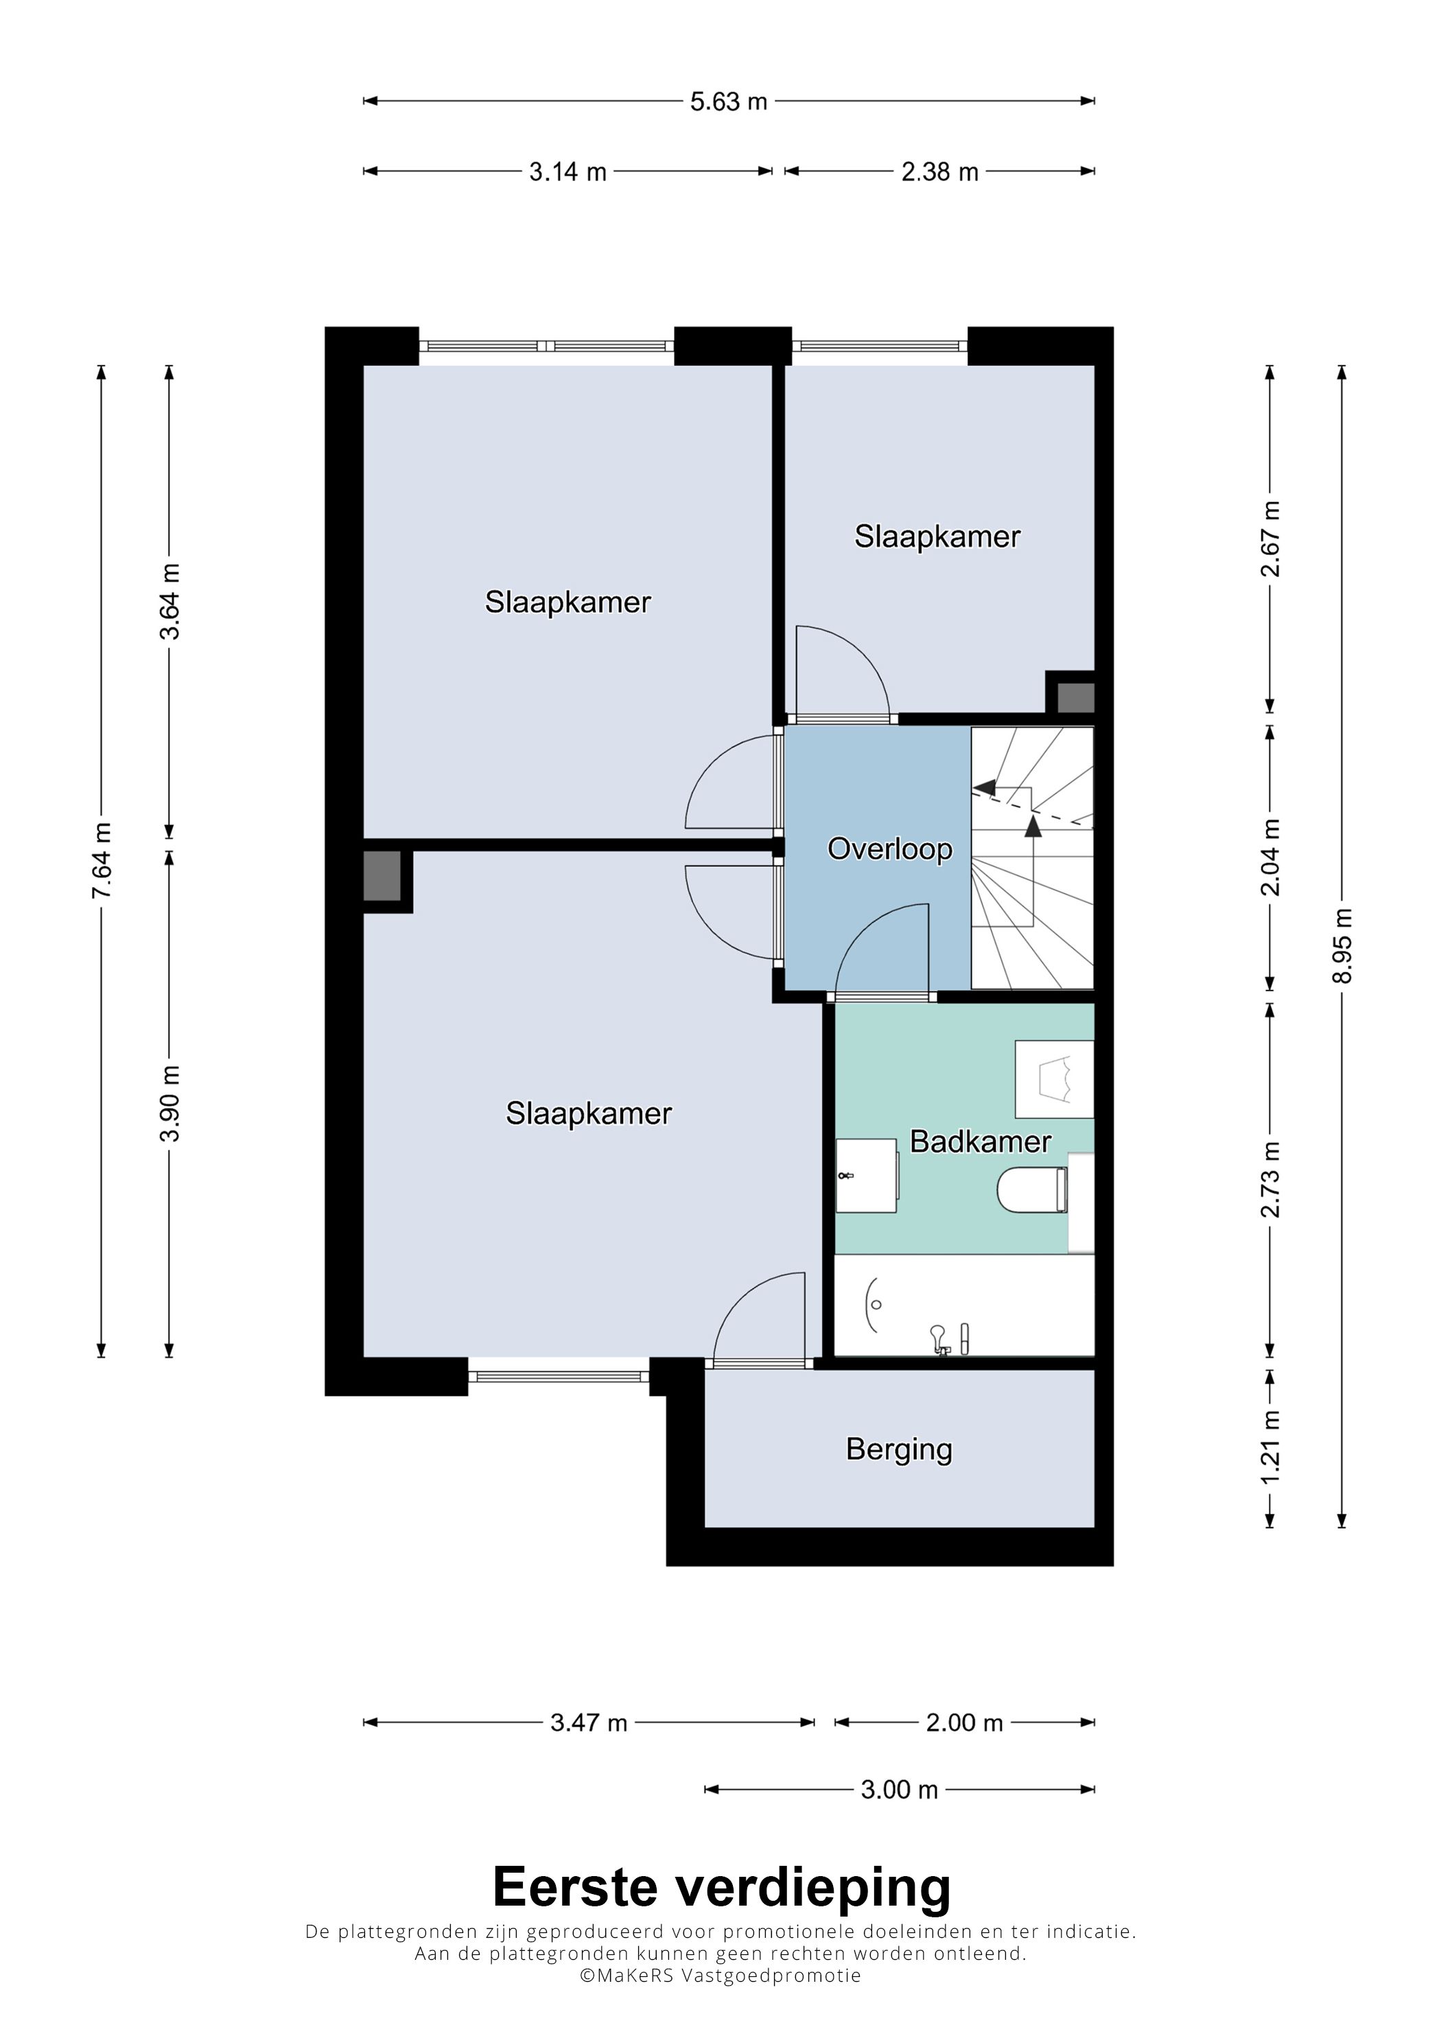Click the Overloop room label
pyautogui.click(x=889, y=849)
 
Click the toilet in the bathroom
pyautogui.click(x=1032, y=1189)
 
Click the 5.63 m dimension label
pyautogui.click(x=728, y=102)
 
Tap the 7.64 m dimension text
pyautogui.click(x=102, y=860)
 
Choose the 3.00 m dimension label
pyautogui.click(x=898, y=1790)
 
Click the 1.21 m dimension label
pyautogui.click(x=1271, y=1446)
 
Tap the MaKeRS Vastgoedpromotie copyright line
pyautogui.click(x=720, y=1975)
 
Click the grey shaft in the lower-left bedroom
pyautogui.click(x=383, y=875)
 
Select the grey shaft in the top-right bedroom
pyautogui.click(x=1076, y=697)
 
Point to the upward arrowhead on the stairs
pyautogui.click(x=1033, y=825)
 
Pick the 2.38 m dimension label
pyautogui.click(x=939, y=171)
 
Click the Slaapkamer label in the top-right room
pyautogui.click(x=937, y=536)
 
